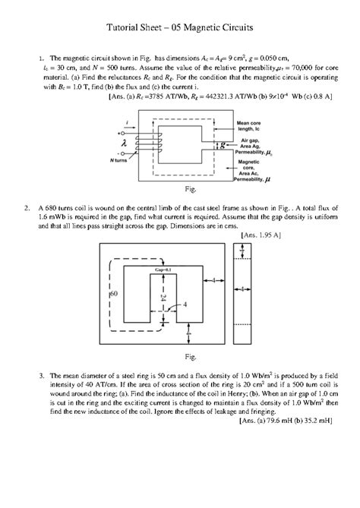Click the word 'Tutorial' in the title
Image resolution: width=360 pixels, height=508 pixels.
tap(125, 29)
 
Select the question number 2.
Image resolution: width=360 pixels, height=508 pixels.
tap(27, 207)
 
